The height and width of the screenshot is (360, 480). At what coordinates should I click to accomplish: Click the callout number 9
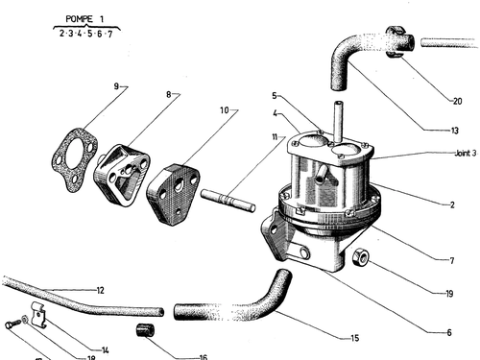[116, 86]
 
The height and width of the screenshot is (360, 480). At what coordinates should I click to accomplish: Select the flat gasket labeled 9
[74, 159]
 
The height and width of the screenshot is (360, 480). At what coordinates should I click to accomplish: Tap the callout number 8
[169, 94]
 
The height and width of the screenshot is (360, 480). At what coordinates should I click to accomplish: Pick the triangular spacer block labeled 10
[174, 194]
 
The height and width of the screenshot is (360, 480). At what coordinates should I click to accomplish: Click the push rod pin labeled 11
[228, 200]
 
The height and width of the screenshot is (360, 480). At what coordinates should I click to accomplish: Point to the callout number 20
[458, 101]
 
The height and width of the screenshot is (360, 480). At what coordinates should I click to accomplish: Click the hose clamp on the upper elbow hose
[396, 41]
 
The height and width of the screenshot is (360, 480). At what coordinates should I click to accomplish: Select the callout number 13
[455, 131]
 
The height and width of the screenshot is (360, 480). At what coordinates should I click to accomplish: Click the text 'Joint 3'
[466, 154]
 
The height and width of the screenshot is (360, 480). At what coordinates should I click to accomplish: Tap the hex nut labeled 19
[361, 257]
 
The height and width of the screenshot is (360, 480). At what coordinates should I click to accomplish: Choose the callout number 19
[449, 294]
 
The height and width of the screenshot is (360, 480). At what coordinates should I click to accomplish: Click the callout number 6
[449, 333]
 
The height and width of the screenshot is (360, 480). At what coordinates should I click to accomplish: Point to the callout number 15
[355, 338]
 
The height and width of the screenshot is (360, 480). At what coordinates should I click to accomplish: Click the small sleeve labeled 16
[146, 330]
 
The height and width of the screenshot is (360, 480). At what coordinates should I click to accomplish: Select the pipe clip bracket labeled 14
[39, 315]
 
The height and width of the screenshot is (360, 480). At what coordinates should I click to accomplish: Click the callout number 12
[100, 290]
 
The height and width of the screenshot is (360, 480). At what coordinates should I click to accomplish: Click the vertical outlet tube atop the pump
[338, 122]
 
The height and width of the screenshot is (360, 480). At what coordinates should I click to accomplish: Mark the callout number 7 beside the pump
[452, 261]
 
